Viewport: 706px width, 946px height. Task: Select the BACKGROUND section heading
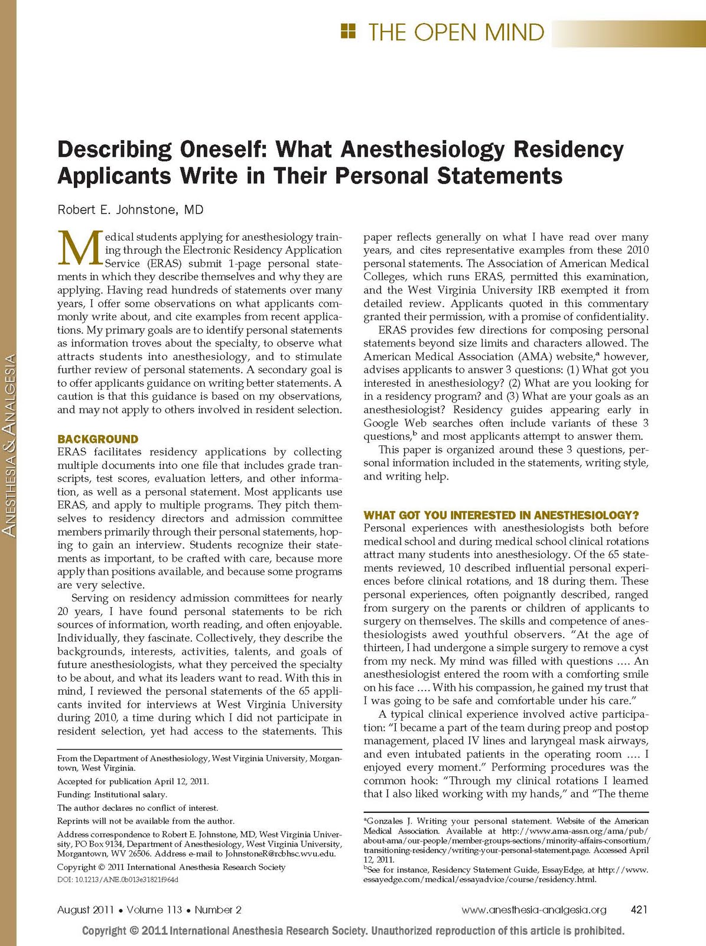[97, 439]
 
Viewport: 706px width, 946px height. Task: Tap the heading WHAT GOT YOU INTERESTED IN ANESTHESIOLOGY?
[502, 515]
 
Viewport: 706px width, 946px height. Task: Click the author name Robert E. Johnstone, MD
[130, 210]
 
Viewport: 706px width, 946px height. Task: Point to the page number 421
[639, 909]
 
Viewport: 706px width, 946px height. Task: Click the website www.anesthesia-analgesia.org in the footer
[533, 909]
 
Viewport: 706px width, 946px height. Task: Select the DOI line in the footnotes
[118, 879]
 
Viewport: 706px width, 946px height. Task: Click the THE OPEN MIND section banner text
[456, 32]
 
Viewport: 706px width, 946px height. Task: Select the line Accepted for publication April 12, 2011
[133, 781]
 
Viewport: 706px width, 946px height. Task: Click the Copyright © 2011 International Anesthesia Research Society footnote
[171, 867]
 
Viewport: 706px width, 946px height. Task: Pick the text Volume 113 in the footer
[154, 909]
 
